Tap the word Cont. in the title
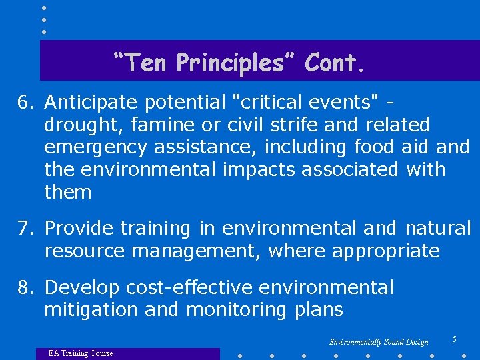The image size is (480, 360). click(x=335, y=63)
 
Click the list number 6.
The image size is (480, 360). click(x=25, y=103)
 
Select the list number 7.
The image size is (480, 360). click(x=25, y=228)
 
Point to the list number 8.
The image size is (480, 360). click(x=25, y=287)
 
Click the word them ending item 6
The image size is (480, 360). click(x=67, y=192)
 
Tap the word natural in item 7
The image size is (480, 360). click(x=437, y=228)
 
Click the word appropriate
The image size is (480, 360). click(x=386, y=251)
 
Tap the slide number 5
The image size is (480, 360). click(x=454, y=339)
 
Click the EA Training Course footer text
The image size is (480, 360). click(x=81, y=353)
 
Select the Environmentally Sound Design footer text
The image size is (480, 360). click(x=379, y=342)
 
